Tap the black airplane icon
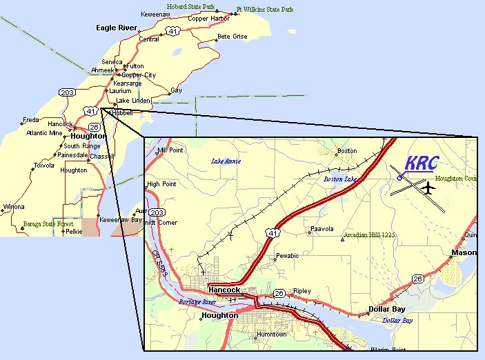pyautogui.click(x=428, y=187)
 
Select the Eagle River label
pyautogui.click(x=117, y=28)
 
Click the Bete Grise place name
pyautogui.click(x=232, y=36)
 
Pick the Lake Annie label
pyautogui.click(x=225, y=161)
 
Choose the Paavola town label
pyautogui.click(x=322, y=228)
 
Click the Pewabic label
pyautogui.click(x=287, y=256)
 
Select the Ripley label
pyautogui.click(x=302, y=291)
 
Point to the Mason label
pyautogui.click(x=464, y=252)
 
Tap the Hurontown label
pyautogui.click(x=270, y=334)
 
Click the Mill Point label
pyautogui.click(x=170, y=150)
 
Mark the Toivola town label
pyautogui.click(x=43, y=166)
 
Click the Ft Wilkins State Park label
pyautogui.click(x=264, y=10)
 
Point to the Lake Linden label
pyautogui.click(x=132, y=100)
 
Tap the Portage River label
pyautogui.click(x=198, y=302)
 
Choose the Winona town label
pyautogui.click(x=14, y=207)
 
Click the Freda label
pyautogui.click(x=31, y=119)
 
